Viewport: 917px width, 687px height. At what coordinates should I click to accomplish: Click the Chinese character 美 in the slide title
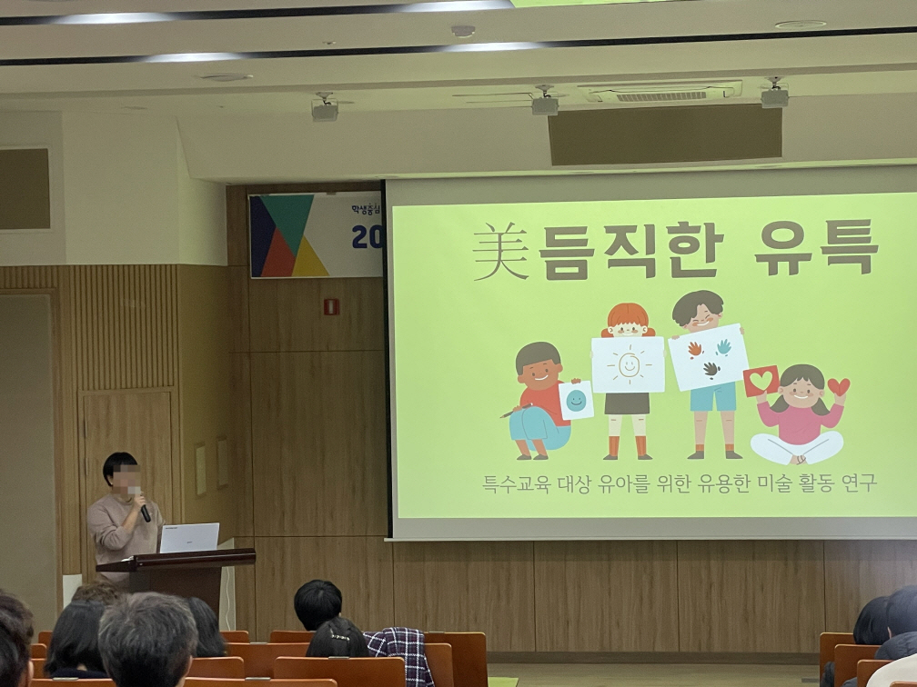pos(501,252)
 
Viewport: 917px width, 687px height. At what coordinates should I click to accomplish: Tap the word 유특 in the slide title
pos(815,246)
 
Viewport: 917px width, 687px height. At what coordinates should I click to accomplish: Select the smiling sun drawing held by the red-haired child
pos(628,364)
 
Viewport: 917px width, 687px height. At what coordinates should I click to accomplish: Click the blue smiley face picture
pos(576,401)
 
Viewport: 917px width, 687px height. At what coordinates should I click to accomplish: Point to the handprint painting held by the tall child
pos(708,356)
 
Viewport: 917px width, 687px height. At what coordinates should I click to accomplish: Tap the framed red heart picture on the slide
pos(761,381)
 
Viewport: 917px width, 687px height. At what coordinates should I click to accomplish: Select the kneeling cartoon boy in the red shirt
pos(540,400)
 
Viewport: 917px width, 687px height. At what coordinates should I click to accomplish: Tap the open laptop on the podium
pos(189,537)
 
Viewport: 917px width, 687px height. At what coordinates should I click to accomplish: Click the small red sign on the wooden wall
pos(331,306)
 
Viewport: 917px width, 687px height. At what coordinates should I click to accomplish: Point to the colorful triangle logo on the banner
pos(288,236)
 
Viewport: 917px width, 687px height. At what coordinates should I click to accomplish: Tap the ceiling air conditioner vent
pos(660,94)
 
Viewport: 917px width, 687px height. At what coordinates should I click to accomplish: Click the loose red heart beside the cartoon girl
pos(838,386)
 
